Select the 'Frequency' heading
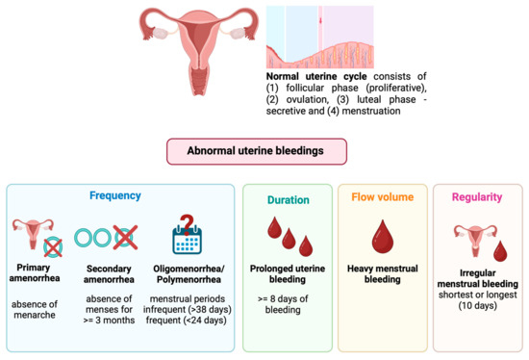tap(116, 194)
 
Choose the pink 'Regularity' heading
tap(477, 200)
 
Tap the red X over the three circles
tap(124, 236)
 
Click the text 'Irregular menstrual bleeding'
tap(477, 279)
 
